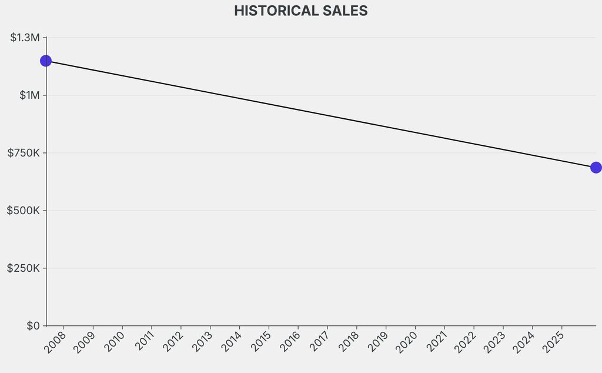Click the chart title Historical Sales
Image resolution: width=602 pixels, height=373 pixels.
(x=300, y=11)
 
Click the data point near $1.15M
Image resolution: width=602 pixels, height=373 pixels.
(x=46, y=61)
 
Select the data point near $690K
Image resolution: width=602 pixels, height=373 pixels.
(x=596, y=168)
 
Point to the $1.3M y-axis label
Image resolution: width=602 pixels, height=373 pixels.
(x=25, y=38)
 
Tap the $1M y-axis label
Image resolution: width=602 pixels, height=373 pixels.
(x=29, y=95)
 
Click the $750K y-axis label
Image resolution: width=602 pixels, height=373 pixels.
(x=24, y=153)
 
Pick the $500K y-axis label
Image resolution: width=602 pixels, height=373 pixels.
(x=23, y=211)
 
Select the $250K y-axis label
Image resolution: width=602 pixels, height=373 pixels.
(x=23, y=268)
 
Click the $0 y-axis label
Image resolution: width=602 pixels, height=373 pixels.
(x=33, y=326)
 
